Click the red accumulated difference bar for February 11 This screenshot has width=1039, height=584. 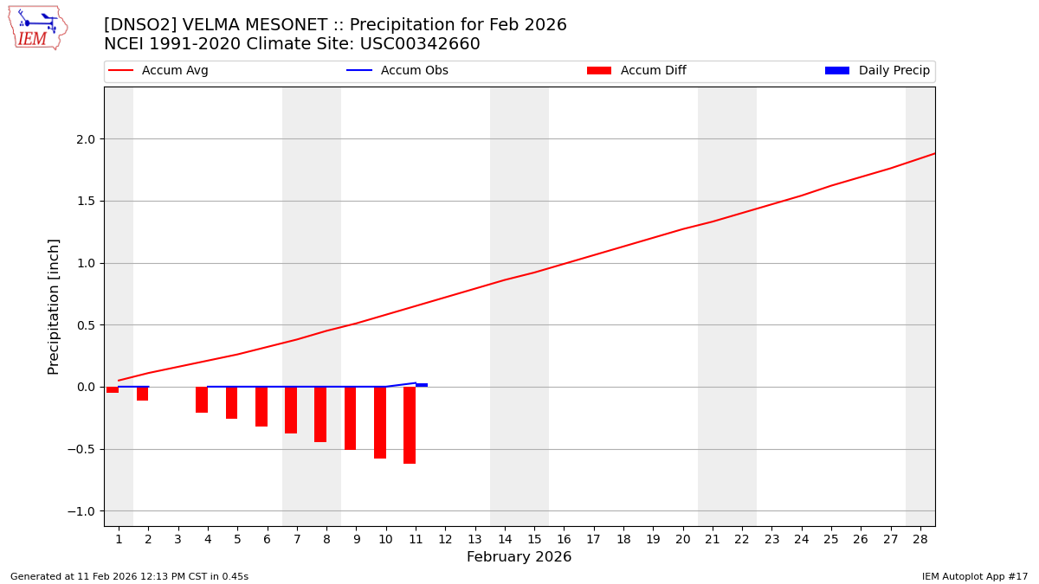[x=410, y=425]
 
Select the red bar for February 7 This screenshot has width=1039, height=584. [x=291, y=410]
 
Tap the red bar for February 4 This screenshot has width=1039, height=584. [x=202, y=400]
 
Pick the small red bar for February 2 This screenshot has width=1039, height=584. [x=142, y=394]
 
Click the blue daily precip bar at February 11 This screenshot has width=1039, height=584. [x=422, y=385]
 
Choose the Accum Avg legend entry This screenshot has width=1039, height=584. [x=159, y=71]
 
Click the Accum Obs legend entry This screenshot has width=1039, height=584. [x=398, y=71]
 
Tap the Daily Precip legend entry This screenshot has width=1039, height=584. [x=878, y=71]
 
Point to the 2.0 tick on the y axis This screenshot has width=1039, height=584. [x=86, y=139]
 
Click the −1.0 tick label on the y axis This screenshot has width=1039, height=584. [x=83, y=511]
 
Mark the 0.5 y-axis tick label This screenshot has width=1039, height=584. [x=86, y=325]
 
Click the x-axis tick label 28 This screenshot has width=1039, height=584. [x=920, y=540]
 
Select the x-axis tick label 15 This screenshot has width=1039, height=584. [x=534, y=540]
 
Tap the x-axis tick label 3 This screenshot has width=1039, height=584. [x=178, y=540]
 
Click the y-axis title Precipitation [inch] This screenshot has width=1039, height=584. [x=54, y=306]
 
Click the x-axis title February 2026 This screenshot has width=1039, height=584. [x=519, y=558]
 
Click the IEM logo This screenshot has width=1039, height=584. [x=37, y=28]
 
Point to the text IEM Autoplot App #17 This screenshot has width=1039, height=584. [x=975, y=577]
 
